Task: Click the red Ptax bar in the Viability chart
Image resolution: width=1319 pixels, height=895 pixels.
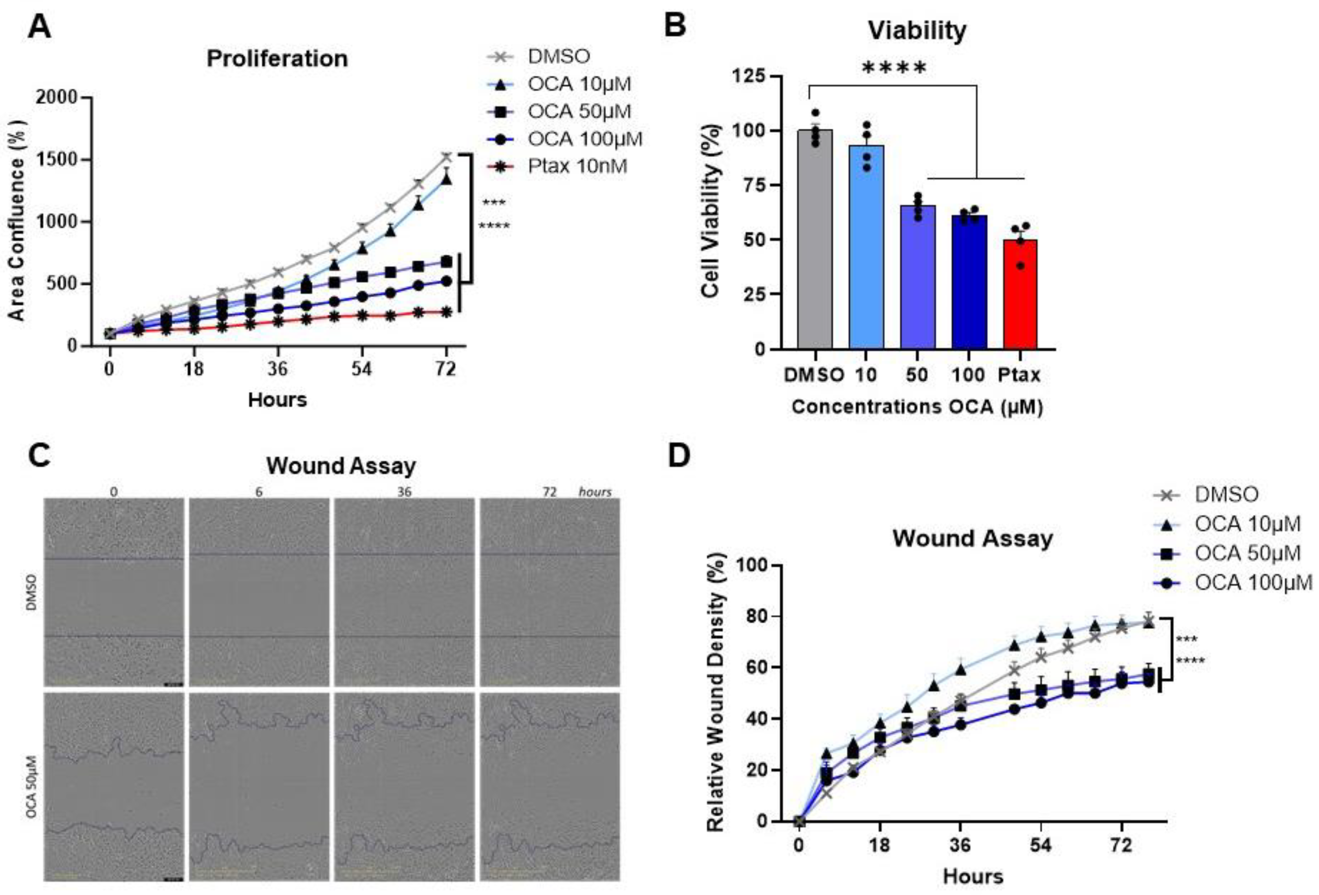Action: tap(1020, 294)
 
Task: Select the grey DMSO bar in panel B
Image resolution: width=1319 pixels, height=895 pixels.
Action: tap(815, 239)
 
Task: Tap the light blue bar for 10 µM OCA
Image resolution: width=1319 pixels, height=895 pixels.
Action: tap(866, 247)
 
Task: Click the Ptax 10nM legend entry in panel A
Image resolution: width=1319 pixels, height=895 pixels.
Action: tap(557, 166)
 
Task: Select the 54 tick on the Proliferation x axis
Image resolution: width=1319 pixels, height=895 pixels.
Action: tap(361, 369)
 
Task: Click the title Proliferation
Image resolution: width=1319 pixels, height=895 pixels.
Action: tap(277, 58)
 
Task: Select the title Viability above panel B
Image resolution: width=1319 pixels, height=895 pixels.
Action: tap(917, 30)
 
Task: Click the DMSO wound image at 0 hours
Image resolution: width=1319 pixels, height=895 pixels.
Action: tap(114, 592)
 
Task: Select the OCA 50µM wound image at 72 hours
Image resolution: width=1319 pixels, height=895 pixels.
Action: tap(549, 787)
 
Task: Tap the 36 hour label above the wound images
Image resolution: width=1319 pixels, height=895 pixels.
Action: tap(404, 491)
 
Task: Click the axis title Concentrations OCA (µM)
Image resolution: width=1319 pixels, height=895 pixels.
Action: tap(917, 407)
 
